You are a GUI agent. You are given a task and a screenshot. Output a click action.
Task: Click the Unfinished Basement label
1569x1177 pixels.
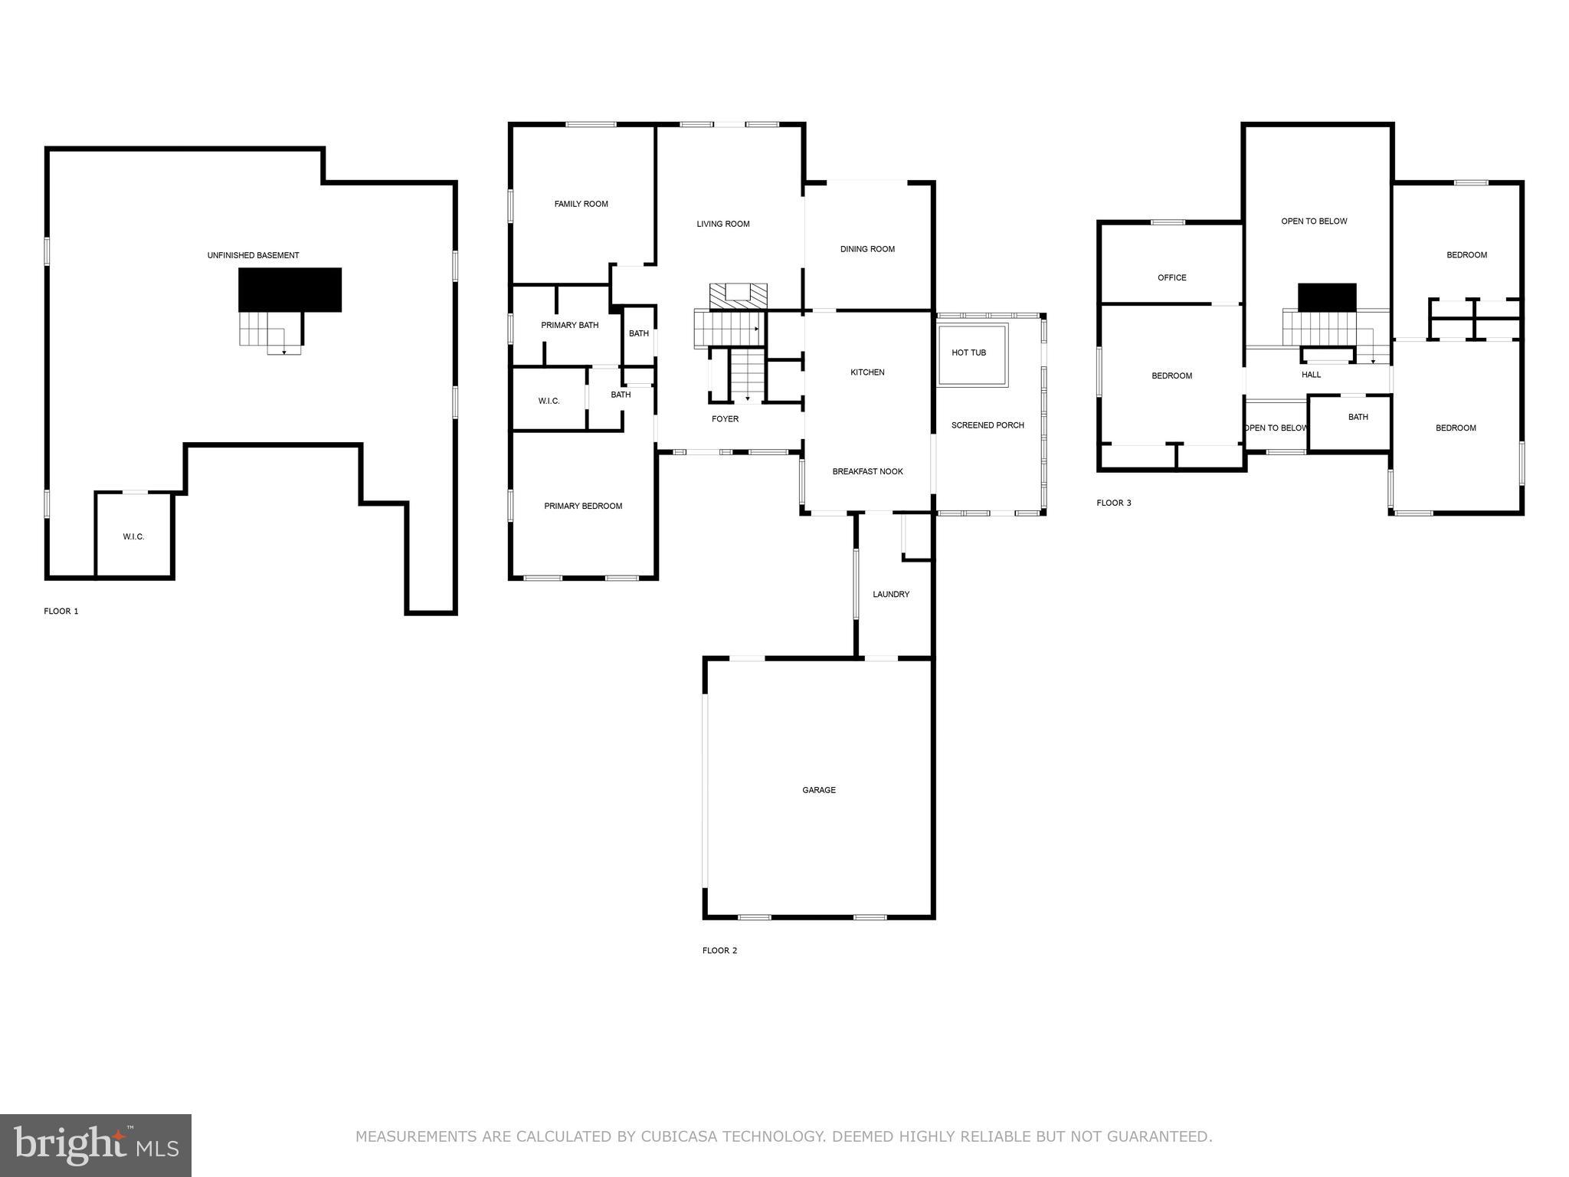[x=253, y=255]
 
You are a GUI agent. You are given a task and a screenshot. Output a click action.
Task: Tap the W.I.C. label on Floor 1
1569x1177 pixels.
[x=133, y=536]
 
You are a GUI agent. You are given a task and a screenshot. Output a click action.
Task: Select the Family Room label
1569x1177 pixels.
[x=581, y=204]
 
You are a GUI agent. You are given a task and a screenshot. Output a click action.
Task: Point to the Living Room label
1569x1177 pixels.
[x=722, y=224]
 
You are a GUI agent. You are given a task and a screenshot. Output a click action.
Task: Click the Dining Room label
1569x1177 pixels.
[x=867, y=249]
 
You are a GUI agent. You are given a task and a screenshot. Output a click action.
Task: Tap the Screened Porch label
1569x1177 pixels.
[x=988, y=425]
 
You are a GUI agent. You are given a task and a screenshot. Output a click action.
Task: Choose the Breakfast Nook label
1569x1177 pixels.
[x=867, y=471]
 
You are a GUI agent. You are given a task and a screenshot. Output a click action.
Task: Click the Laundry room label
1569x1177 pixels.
[x=891, y=594]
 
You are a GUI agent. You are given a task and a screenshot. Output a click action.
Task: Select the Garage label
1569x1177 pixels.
[x=819, y=790]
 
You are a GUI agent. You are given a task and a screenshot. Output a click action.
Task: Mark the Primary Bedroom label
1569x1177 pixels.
[x=583, y=506]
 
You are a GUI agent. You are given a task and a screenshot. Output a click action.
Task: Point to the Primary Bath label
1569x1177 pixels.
[x=569, y=325]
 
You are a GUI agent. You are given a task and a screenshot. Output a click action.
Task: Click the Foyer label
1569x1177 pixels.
[x=725, y=419]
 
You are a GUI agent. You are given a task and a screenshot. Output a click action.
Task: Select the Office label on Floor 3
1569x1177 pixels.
[x=1171, y=277]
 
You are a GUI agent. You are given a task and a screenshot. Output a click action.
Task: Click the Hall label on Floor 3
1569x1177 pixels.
[x=1311, y=375]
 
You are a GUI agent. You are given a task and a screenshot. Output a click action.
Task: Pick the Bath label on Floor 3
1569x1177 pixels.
[x=1358, y=417]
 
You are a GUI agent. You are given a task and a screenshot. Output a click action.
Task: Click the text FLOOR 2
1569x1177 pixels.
[x=719, y=950]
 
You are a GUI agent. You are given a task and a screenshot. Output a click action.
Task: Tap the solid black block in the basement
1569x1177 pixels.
[x=290, y=290]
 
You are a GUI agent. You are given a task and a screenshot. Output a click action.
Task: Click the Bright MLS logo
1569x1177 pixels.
[x=96, y=1146]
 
